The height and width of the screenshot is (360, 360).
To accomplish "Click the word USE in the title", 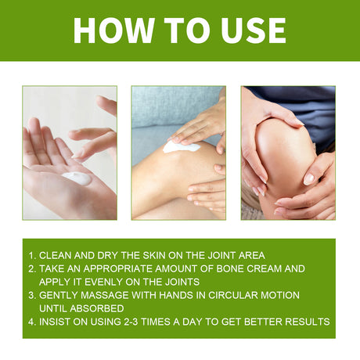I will coord(247,30).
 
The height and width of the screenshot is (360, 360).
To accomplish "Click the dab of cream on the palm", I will coord(76,178).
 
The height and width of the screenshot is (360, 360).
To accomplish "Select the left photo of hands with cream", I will coord(70,153).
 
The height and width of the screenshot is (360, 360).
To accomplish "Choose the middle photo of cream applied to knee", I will coord(178,153).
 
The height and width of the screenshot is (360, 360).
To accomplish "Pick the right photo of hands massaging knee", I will coord(287,153).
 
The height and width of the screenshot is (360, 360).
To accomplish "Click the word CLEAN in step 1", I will coord(56,255).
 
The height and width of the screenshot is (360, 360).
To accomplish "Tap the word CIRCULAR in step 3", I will coord(231,295).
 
